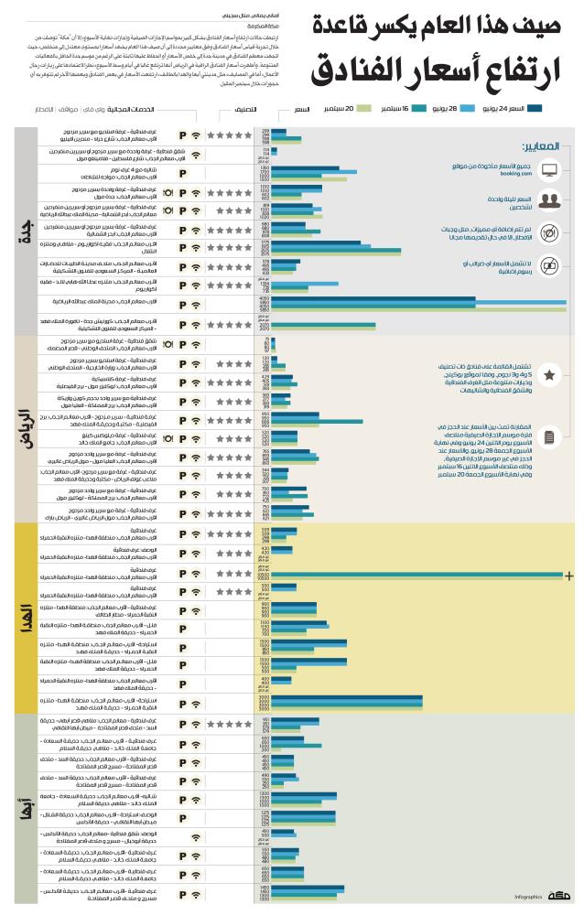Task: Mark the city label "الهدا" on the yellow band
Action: tap(21, 612)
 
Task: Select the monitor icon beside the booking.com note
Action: tap(550, 169)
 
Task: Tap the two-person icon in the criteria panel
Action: tap(550, 200)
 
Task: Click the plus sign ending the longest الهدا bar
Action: tap(569, 576)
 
